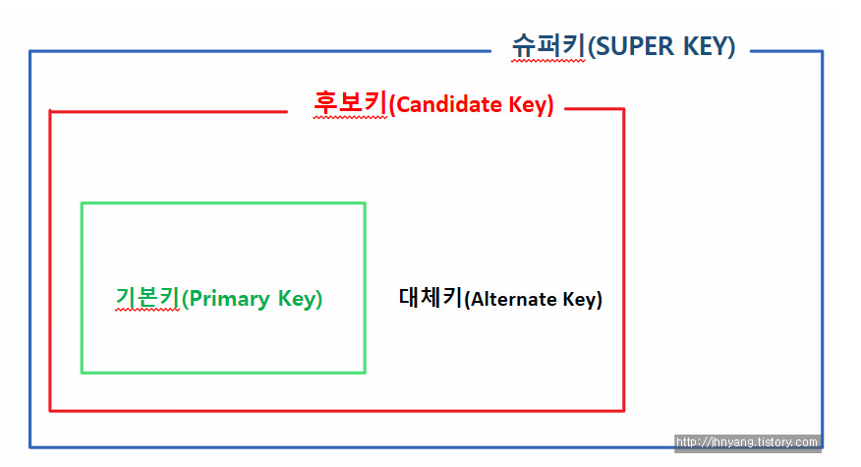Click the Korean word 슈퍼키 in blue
pos(548,45)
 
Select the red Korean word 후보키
pos(350,103)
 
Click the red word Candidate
pos(449,104)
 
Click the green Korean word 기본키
pos(147,297)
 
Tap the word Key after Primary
pos(299,298)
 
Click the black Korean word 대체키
pos(430,298)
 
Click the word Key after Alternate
pos(581,300)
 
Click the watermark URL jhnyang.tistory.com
pos(748,442)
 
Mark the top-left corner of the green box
pos(82,204)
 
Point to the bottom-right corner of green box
pos(365,373)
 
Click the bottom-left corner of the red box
pos(50,410)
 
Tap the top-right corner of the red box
pos(623,109)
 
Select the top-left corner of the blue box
pos(30,51)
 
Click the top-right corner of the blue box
pos(822,51)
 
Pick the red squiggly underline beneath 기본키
pos(147,312)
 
